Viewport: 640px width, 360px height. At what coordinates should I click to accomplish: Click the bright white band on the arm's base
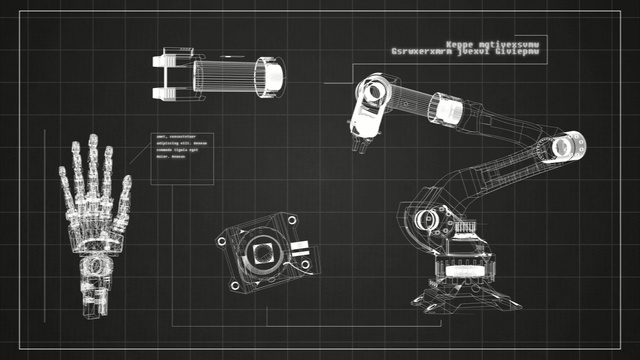click(465, 270)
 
